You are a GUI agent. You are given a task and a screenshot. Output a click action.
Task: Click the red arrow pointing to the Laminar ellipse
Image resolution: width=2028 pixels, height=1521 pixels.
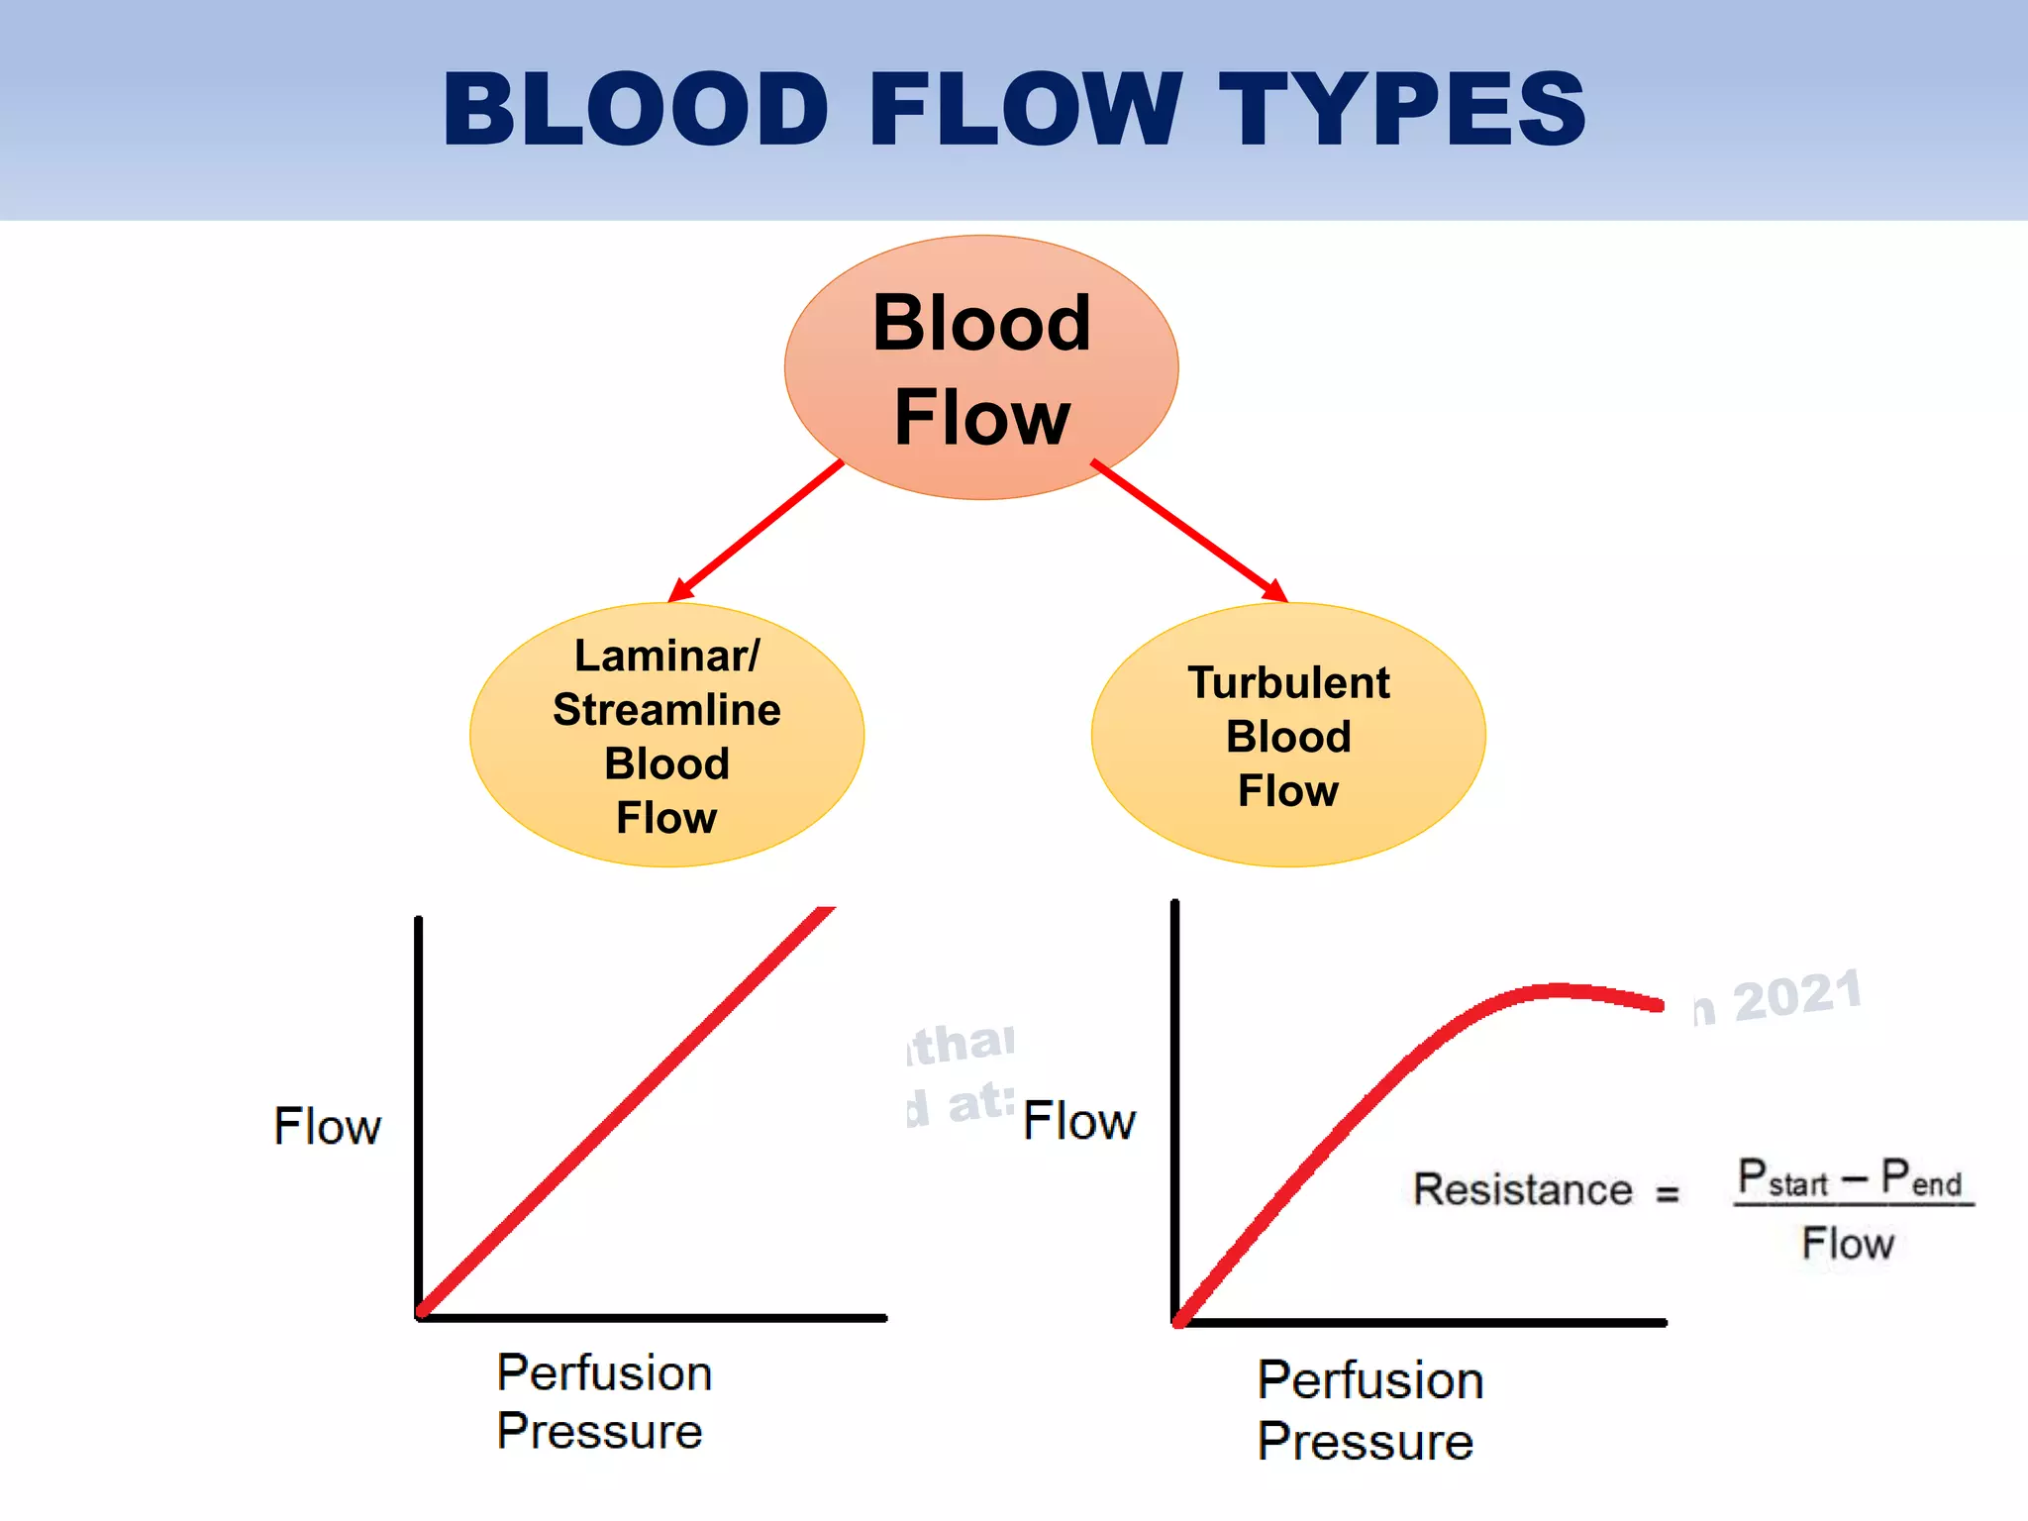tap(758, 530)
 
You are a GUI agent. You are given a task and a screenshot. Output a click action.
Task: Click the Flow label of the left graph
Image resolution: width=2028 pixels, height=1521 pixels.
tap(327, 1127)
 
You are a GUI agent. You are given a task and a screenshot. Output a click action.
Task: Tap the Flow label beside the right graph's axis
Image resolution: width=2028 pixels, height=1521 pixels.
tap(1078, 1122)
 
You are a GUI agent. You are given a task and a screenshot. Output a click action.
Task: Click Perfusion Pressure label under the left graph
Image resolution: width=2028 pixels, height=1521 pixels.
tap(603, 1402)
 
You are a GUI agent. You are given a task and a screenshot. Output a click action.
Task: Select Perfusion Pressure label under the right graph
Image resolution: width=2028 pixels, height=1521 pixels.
tap(1369, 1410)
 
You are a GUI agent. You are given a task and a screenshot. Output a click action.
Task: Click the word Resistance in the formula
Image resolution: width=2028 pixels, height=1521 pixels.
tap(1522, 1189)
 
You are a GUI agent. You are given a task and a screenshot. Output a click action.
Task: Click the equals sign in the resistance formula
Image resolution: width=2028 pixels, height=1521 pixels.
tap(1668, 1193)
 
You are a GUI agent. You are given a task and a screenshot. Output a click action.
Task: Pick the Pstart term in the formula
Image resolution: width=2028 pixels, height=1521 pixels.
tap(1782, 1178)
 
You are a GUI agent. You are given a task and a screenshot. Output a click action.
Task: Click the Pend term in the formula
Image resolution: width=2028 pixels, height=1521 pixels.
tap(1921, 1178)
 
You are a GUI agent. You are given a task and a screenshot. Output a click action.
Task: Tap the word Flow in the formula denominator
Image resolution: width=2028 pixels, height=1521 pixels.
tap(1848, 1244)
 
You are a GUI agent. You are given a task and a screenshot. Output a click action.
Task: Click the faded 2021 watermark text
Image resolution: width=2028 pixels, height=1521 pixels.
tap(1797, 996)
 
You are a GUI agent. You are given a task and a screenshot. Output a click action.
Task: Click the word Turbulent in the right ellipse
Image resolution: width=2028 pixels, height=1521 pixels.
tap(1288, 683)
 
